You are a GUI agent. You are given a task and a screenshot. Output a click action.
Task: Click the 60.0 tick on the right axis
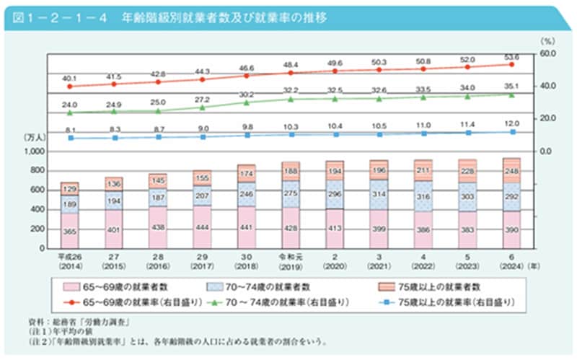click(547, 53)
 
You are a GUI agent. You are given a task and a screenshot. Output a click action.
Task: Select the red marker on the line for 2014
click(70, 86)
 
